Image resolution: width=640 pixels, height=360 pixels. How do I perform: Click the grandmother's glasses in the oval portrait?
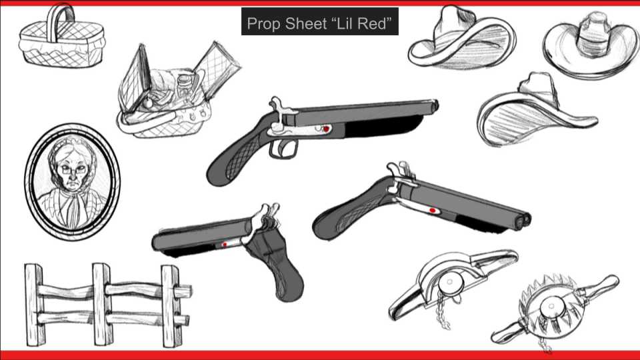[72, 168]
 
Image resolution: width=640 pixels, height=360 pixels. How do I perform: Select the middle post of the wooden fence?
[101, 304]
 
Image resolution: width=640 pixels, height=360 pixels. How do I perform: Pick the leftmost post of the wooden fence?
[34, 305]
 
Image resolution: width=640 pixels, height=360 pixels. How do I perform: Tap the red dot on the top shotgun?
[326, 129]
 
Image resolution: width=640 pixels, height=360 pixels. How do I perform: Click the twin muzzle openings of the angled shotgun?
[523, 221]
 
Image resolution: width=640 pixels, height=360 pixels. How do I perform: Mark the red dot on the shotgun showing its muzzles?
[432, 211]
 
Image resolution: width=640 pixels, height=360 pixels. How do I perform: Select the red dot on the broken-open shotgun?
[225, 245]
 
